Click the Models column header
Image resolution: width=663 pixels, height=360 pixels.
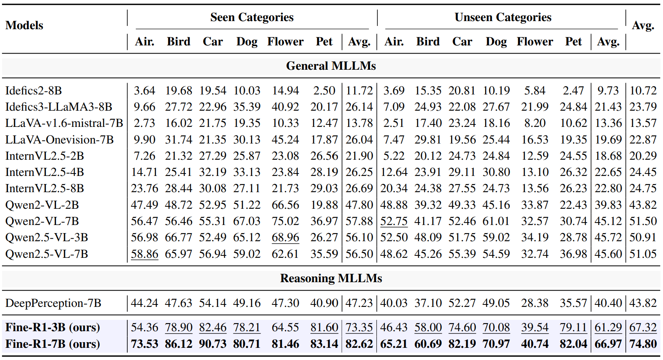tap(24, 26)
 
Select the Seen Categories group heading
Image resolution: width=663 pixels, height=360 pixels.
tap(252, 17)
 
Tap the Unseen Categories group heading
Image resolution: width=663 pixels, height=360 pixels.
tap(503, 17)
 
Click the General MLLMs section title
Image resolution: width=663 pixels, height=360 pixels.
tap(331, 66)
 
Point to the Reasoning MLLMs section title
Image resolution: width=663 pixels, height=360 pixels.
tap(331, 278)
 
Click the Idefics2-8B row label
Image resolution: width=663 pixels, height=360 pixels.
tap(34, 90)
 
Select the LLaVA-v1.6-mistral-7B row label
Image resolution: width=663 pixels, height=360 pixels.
tap(64, 123)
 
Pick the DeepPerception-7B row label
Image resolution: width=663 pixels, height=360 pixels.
tap(53, 303)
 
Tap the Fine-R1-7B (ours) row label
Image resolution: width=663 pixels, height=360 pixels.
tap(53, 344)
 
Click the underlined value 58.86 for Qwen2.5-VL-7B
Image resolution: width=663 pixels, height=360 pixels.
tap(144, 254)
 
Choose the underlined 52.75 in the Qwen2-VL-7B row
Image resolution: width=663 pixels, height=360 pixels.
tap(394, 221)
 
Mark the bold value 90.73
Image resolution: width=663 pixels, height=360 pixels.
tap(212, 344)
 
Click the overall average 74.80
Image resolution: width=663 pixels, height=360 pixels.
tap(643, 344)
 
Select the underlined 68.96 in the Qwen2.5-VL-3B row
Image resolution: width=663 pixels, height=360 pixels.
tap(285, 238)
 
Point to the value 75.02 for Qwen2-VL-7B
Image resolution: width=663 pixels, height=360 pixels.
tap(285, 221)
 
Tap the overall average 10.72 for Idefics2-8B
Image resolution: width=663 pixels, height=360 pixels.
tap(643, 90)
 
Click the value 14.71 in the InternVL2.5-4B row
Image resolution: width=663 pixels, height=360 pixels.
tap(144, 172)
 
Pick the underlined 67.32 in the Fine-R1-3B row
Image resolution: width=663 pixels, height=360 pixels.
tap(643, 328)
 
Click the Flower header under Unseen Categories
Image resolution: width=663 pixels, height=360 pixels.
tap(535, 41)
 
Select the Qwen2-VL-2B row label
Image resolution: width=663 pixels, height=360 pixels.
tap(42, 205)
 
